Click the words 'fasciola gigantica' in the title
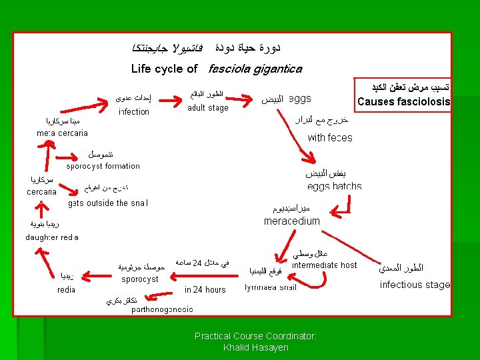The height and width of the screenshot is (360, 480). pyautogui.click(x=255, y=69)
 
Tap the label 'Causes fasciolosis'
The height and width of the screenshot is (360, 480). pyautogui.click(x=403, y=102)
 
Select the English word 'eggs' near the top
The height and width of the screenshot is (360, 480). pyautogui.click(x=300, y=99)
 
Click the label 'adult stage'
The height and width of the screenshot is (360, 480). pyautogui.click(x=208, y=108)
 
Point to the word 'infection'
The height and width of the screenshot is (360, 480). pyautogui.click(x=134, y=112)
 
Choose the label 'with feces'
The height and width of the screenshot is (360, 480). pyautogui.click(x=330, y=138)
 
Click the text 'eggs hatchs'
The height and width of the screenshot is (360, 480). pyautogui.click(x=335, y=187)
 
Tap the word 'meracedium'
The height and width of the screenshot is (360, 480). pyautogui.click(x=292, y=221)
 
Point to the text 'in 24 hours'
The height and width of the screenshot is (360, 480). pyautogui.click(x=205, y=290)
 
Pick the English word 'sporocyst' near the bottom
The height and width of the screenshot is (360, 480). pyautogui.click(x=140, y=279)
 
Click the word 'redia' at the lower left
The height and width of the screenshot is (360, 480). pyautogui.click(x=66, y=290)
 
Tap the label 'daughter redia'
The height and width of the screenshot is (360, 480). pyautogui.click(x=52, y=237)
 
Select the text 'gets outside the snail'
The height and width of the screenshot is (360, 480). pyautogui.click(x=109, y=203)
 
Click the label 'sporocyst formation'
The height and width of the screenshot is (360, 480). pyautogui.click(x=103, y=166)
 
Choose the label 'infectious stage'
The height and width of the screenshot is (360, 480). pyautogui.click(x=415, y=285)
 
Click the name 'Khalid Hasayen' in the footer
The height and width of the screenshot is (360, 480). pyautogui.click(x=255, y=348)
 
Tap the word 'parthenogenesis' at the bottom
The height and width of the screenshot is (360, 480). pyautogui.click(x=162, y=310)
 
